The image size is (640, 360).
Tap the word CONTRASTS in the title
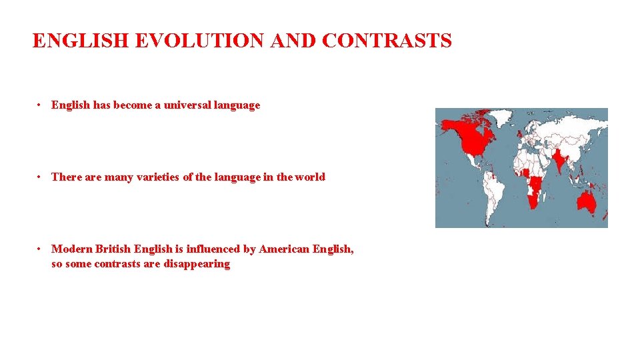(x=387, y=41)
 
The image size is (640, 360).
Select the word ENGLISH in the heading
(x=81, y=41)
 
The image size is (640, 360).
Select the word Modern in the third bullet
(x=71, y=249)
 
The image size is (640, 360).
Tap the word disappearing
(x=197, y=263)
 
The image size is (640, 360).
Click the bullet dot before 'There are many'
(x=41, y=177)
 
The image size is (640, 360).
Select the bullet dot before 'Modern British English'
(x=41, y=249)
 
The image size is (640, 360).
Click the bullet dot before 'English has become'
(x=41, y=105)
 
